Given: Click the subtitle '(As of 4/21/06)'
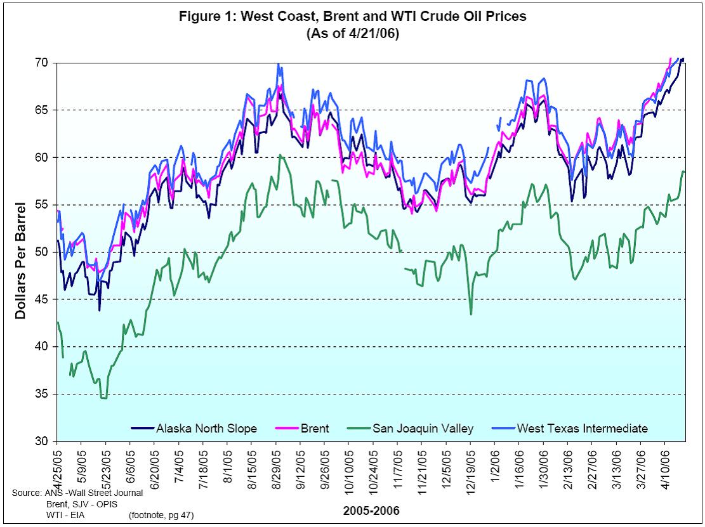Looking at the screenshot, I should coord(352,33).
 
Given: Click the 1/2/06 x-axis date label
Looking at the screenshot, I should coord(496,465).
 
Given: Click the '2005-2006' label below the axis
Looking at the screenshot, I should coord(371,510).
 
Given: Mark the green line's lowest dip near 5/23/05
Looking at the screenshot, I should coord(103,398).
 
